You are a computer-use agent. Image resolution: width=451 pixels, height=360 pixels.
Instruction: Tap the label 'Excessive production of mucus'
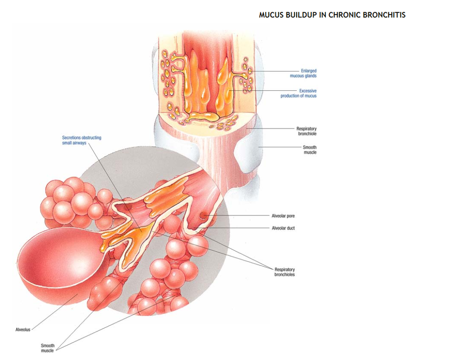pos(299,93)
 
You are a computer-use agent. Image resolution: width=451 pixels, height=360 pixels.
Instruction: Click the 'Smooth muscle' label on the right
pos(310,150)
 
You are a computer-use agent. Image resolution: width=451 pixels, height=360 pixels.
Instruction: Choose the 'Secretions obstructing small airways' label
pos(81,140)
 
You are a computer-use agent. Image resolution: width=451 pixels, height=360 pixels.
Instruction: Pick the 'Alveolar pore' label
pos(283,216)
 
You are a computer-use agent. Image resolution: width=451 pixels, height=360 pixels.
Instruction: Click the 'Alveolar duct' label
pos(283,228)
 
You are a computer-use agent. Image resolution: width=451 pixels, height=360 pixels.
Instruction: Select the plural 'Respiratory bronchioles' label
pos(285,272)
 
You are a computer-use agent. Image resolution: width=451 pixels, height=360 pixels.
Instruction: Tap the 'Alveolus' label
pos(22,330)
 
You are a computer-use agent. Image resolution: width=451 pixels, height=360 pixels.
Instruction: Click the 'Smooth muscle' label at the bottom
pos(48,348)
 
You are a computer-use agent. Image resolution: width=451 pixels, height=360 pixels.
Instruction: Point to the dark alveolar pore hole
pos(203,214)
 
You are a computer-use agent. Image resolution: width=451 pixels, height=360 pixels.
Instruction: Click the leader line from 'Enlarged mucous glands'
pos(273,71)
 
